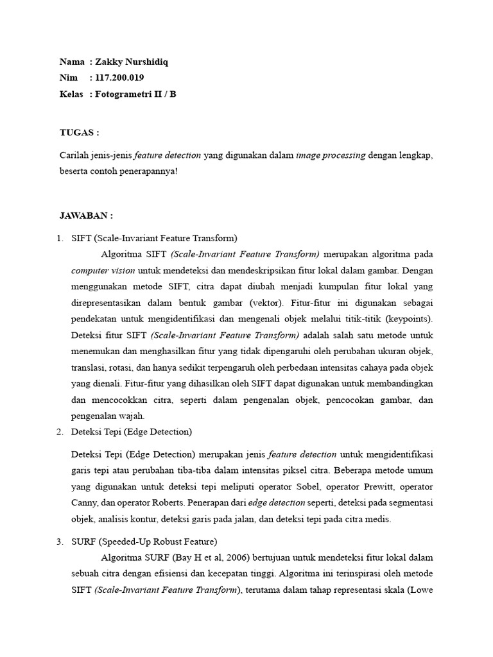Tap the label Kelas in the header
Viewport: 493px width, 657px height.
click(x=71, y=94)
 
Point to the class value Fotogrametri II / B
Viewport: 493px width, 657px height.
click(x=135, y=94)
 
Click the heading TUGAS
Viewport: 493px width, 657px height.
click(x=79, y=133)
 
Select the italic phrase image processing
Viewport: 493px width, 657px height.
click(x=331, y=155)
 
